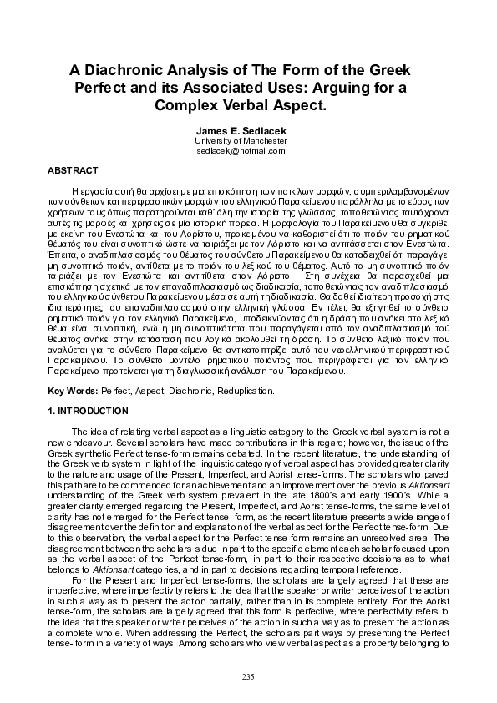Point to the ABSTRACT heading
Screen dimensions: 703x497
click(x=68, y=169)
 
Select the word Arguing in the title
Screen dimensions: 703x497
click(x=348, y=89)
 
